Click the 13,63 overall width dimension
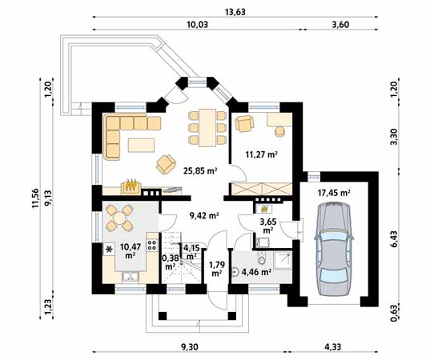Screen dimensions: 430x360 pos(235,12)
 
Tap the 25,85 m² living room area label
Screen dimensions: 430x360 pos(200,171)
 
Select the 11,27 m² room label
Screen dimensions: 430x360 pos(262,154)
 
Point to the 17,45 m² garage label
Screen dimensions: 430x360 pos(334,193)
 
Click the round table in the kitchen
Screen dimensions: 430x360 pos(119,218)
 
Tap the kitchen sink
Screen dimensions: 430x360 pos(131,277)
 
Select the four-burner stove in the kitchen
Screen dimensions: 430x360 pos(153,246)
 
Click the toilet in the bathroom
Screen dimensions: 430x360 pos(262,258)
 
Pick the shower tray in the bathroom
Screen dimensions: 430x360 pos(283,261)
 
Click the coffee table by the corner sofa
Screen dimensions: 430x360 pos(141,145)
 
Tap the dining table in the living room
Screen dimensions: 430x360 pos(207,128)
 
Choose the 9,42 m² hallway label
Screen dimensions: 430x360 pos(204,216)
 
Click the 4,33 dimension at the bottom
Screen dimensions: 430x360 pos(332,347)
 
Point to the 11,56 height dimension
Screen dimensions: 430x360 pos(36,198)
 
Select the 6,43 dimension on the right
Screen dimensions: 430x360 pos(394,239)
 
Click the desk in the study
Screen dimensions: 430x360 pos(279,119)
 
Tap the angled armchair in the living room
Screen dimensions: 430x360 pos(166,164)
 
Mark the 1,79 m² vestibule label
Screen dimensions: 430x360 pos(217,269)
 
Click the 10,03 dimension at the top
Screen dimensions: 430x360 pos(198,25)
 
